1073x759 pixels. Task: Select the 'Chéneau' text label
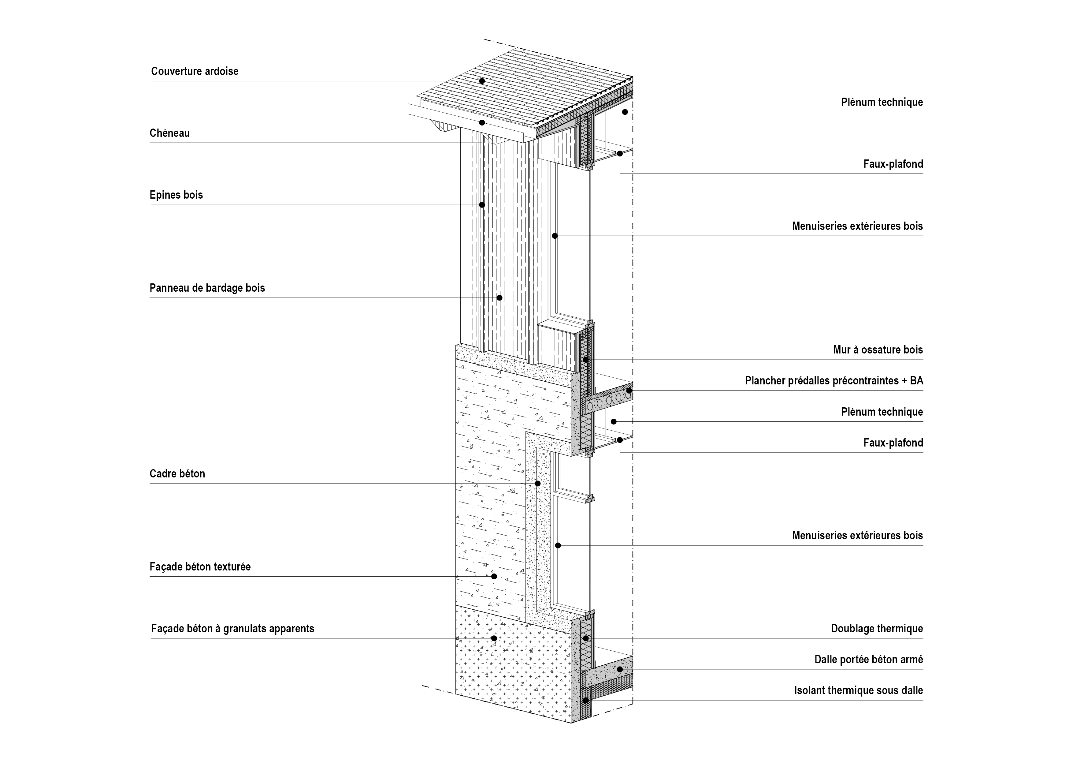170,133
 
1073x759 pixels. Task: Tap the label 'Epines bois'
176,195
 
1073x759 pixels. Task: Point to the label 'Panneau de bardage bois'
207,288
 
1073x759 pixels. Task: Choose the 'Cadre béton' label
177,474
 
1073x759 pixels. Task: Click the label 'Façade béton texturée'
200,567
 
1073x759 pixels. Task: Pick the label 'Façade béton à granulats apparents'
233,629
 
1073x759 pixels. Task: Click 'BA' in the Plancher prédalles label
916,381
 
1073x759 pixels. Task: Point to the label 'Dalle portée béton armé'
869,660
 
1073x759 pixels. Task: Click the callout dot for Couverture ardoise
482,81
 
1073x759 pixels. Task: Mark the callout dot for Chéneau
482,122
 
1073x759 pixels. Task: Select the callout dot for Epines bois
482,205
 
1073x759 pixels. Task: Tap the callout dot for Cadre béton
537,484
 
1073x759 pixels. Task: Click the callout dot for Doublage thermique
585,638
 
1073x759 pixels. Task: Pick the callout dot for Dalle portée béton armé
620,669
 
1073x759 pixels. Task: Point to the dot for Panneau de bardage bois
499,297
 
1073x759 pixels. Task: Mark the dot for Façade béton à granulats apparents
493,638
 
